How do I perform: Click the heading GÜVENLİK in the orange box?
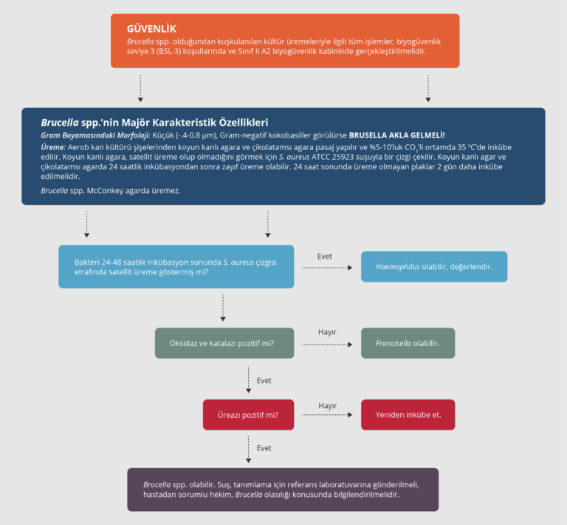click(x=151, y=29)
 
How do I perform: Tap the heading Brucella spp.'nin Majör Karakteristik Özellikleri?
click(x=154, y=122)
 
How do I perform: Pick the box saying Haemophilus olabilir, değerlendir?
click(x=434, y=266)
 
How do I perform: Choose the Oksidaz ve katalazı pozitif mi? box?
click(x=224, y=344)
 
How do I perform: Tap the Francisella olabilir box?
click(x=408, y=344)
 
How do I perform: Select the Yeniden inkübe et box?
click(x=408, y=415)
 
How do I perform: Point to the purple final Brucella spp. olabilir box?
click(x=283, y=490)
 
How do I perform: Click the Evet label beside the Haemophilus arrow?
click(x=325, y=256)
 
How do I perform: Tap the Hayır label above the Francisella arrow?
click(x=327, y=332)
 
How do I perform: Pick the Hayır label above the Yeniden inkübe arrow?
click(x=327, y=405)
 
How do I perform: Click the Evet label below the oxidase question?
click(x=264, y=380)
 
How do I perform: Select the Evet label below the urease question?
click(x=264, y=448)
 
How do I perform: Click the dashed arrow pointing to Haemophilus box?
click(x=327, y=268)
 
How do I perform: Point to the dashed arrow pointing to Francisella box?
click(x=327, y=344)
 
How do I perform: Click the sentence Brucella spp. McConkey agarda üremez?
click(x=111, y=191)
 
